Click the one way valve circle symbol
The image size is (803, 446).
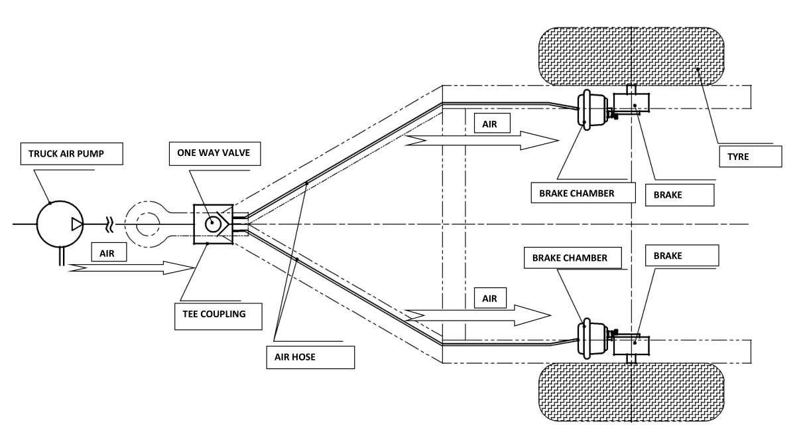pos(213,224)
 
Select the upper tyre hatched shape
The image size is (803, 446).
pos(630,56)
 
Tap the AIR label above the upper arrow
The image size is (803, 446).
pos(491,124)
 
